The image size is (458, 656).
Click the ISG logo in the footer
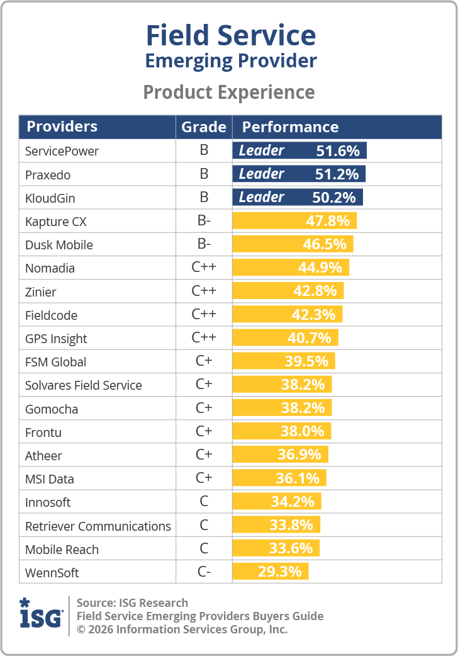pyautogui.click(x=41, y=612)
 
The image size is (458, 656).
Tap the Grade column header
pyautogui.click(x=204, y=127)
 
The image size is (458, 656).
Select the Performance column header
pyautogui.click(x=290, y=127)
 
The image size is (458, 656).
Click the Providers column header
pyautogui.click(x=62, y=127)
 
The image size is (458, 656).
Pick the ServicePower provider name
pyautogui.click(x=62, y=151)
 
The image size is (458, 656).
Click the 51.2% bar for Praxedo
pyautogui.click(x=299, y=174)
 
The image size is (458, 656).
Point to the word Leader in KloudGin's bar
pyautogui.click(x=262, y=197)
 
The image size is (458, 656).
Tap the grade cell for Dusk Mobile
pyautogui.click(x=204, y=244)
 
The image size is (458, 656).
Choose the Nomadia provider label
pyautogui.click(x=50, y=268)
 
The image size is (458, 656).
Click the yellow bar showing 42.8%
pyautogui.click(x=288, y=291)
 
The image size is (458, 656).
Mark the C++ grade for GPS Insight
pyautogui.click(x=204, y=338)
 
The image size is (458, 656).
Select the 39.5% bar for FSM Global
pyautogui.click(x=284, y=361)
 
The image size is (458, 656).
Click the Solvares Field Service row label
pyautogui.click(x=84, y=385)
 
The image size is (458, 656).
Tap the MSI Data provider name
pyautogui.click(x=50, y=479)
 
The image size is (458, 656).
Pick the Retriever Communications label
pyautogui.click(x=98, y=526)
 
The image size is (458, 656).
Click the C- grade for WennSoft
pyautogui.click(x=204, y=573)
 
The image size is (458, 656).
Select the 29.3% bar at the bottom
pyautogui.click(x=271, y=572)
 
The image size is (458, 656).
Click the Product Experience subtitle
pyautogui.click(x=229, y=93)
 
